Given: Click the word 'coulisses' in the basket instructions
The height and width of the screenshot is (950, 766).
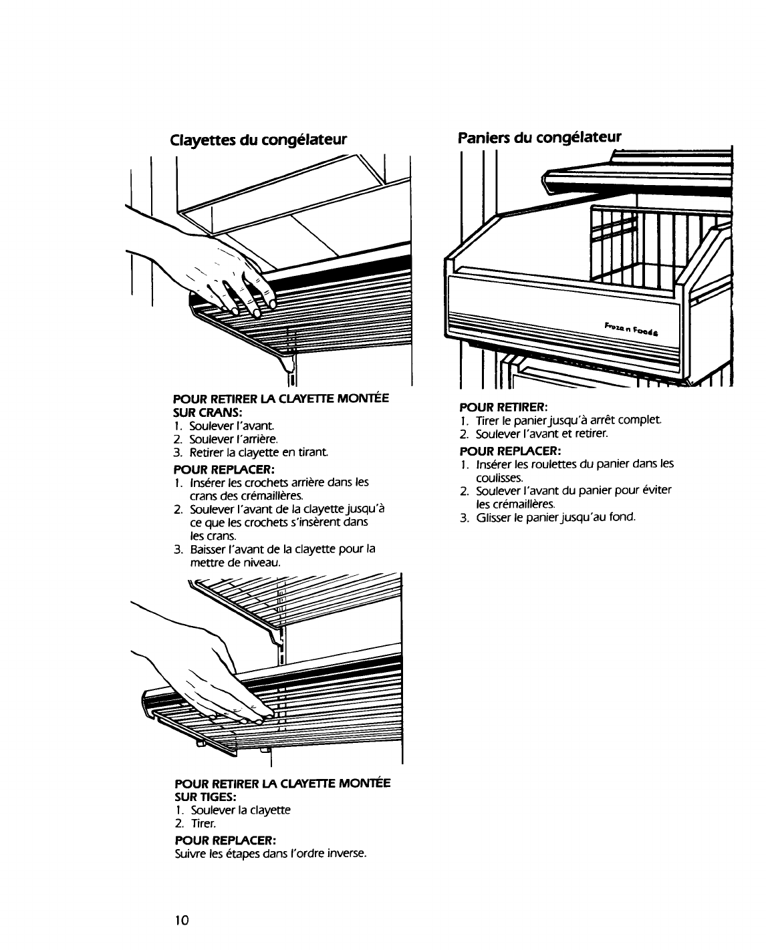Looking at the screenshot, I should (x=500, y=478).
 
